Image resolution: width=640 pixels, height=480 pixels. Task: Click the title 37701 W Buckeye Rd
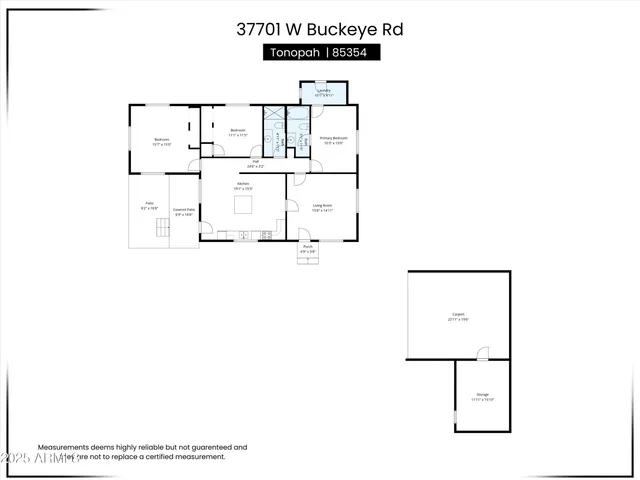(320, 28)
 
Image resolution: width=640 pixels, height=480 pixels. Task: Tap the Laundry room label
(324, 91)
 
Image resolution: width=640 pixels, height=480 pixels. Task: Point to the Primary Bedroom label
(334, 139)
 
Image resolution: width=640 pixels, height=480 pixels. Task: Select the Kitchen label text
(243, 185)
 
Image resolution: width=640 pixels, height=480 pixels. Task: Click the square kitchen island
(243, 205)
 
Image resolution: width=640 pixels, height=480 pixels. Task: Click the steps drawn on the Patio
(160, 231)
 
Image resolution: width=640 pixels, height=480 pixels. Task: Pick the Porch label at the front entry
(308, 248)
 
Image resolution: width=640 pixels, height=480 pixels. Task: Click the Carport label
(458, 314)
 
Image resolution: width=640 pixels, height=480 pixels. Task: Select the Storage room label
(483, 398)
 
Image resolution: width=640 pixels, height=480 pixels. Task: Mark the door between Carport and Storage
(483, 354)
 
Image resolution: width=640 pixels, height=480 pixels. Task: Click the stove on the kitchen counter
(267, 236)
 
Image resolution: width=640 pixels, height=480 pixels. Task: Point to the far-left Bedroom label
(161, 141)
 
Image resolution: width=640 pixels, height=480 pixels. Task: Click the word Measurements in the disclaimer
(63, 448)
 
